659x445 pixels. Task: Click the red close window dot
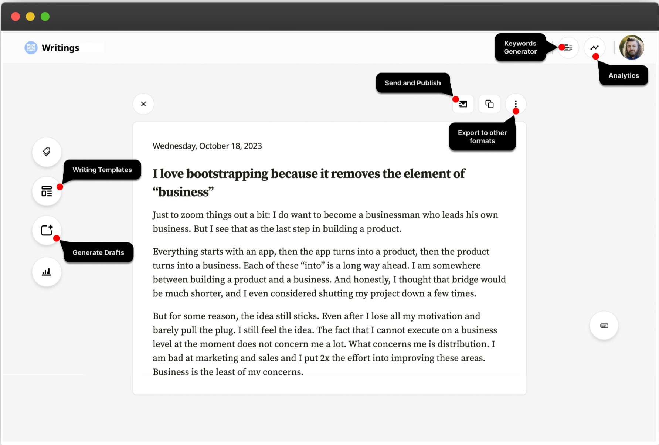(x=16, y=17)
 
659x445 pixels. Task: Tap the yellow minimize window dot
(x=30, y=17)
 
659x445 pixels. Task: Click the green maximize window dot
(x=45, y=17)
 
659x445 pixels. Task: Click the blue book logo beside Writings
(x=31, y=48)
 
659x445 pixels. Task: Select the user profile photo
(x=631, y=48)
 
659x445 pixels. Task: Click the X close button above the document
(x=143, y=104)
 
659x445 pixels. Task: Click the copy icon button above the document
(x=489, y=104)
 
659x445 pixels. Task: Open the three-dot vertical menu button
(x=516, y=104)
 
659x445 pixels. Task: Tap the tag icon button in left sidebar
(x=47, y=152)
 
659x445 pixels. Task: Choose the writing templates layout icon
(x=47, y=191)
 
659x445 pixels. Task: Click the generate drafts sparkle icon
(x=47, y=230)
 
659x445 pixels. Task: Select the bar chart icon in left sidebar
(x=47, y=272)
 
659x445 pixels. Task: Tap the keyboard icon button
(x=604, y=326)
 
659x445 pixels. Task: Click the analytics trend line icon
(x=594, y=48)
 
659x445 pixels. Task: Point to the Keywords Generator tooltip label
(x=520, y=47)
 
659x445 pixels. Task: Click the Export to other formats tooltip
(x=482, y=137)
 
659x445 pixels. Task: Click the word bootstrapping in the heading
(x=227, y=174)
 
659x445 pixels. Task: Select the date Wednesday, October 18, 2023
(x=207, y=146)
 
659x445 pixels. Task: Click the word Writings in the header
(x=60, y=48)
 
